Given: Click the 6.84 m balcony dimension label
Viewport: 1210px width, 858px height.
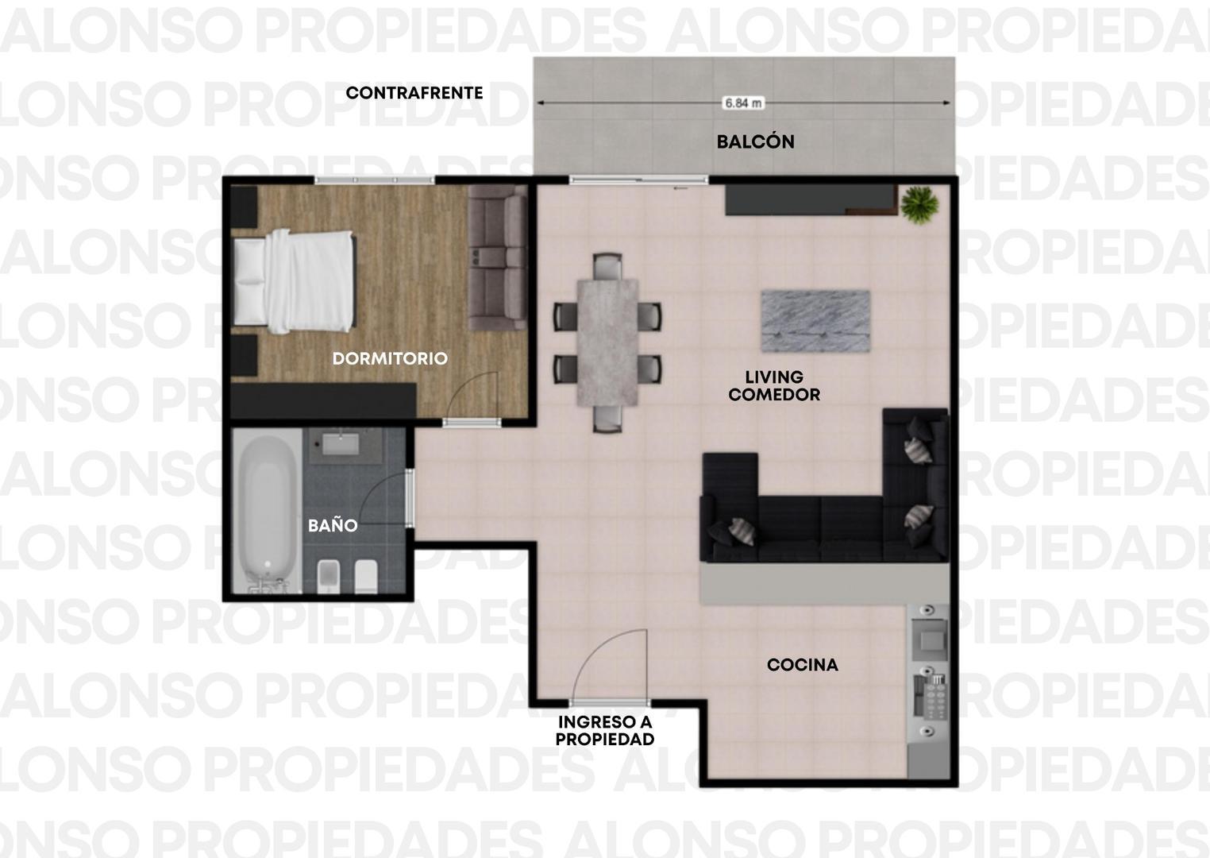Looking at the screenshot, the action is pos(743,102).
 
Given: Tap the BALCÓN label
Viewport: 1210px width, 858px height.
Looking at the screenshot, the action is pos(755,141).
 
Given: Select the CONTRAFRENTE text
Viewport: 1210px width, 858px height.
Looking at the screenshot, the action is pos(414,93).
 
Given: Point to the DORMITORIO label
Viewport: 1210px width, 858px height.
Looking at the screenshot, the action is pos(390,358).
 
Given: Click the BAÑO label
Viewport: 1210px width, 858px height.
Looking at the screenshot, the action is pos(333,525).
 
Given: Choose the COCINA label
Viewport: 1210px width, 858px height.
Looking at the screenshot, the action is pos(803,665).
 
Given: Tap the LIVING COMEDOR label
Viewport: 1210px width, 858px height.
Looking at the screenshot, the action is pos(774,385).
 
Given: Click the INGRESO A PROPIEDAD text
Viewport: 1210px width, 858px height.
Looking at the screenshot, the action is pos(605,730).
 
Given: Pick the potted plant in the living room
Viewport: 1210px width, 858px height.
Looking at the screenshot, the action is pos(919,204).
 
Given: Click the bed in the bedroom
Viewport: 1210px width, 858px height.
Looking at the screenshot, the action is pos(295,281).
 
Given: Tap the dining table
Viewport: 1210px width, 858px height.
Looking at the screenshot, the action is pos(607,342).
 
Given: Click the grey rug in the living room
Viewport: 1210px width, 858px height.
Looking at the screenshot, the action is pos(815,321).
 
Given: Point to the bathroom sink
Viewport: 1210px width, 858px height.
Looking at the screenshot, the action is pos(341,444).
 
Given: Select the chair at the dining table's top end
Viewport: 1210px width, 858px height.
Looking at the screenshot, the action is pos(607,266).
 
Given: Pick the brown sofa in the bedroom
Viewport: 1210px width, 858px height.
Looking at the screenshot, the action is pos(498,257).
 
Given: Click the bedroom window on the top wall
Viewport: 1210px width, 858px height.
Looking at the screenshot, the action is pos(375,180).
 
